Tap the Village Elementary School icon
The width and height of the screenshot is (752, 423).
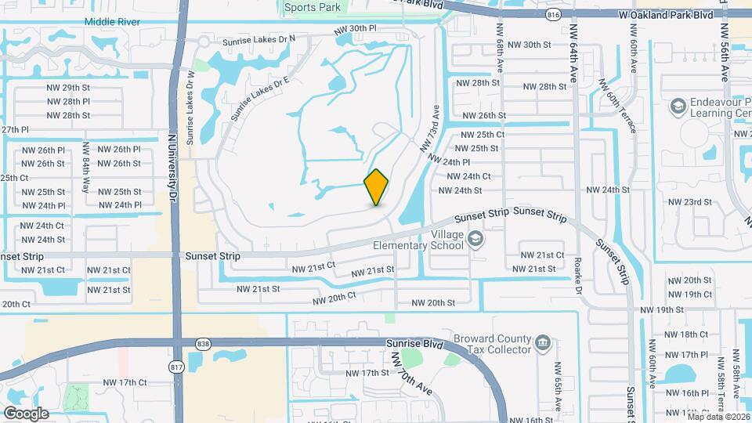[475, 237]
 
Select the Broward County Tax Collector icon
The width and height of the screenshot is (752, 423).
[542, 343]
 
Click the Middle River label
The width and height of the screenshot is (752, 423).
[113, 23]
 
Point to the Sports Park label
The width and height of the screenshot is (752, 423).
[313, 7]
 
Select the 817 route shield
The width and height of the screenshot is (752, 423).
[176, 367]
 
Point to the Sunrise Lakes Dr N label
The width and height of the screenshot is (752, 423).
[258, 38]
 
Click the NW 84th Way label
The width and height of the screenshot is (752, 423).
[85, 178]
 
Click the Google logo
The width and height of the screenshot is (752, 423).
[26, 413]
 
